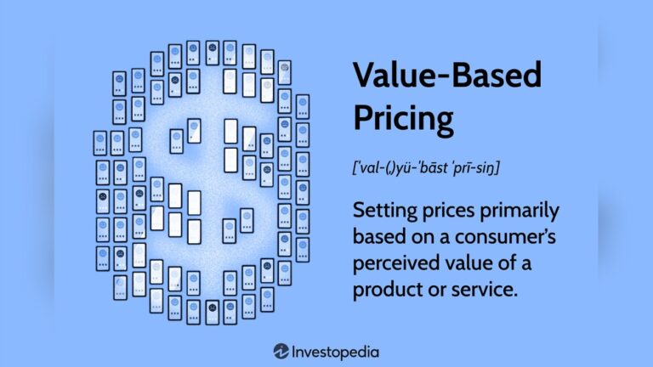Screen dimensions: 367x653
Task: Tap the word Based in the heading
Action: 496,77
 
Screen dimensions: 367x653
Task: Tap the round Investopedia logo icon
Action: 281,351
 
